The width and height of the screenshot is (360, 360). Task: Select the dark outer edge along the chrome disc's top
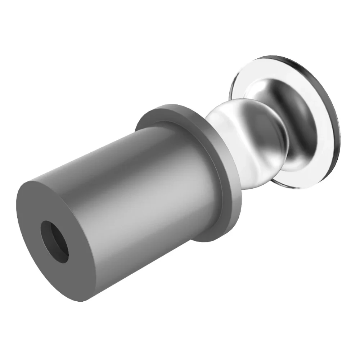coord(284,59)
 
